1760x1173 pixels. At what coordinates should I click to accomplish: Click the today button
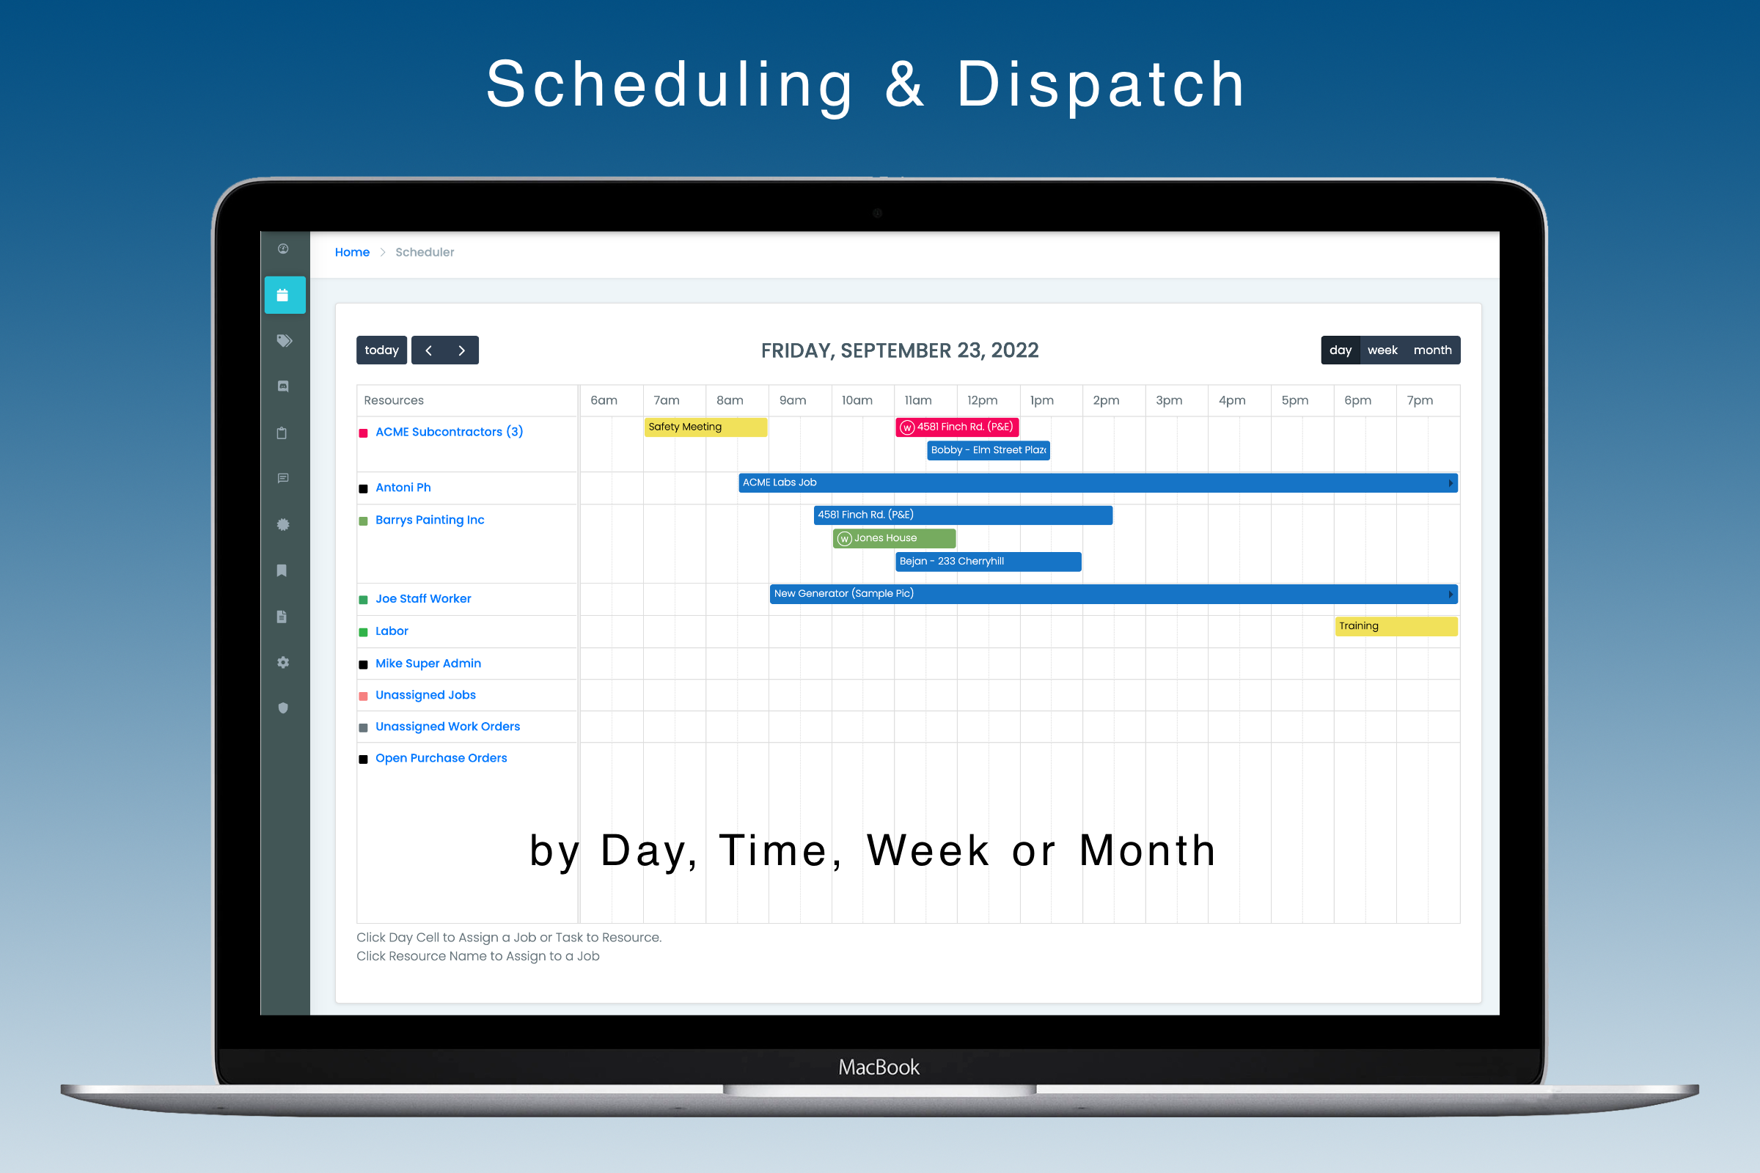pos(381,350)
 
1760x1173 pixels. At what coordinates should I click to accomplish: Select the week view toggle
pos(1382,350)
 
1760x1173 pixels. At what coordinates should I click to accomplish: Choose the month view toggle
pos(1431,350)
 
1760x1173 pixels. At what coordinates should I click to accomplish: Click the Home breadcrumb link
pos(352,252)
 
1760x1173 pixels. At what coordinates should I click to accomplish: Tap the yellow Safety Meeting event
pos(705,427)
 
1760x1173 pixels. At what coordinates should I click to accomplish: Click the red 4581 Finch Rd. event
pos(957,427)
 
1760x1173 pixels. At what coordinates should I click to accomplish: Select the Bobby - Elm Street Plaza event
pos(988,450)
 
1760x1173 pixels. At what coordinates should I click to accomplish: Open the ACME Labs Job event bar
pos(1096,482)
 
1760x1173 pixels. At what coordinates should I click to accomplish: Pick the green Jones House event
pos(893,538)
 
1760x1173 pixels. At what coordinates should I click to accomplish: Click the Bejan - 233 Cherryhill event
pos(988,561)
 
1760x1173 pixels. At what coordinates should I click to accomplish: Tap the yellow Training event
pos(1396,626)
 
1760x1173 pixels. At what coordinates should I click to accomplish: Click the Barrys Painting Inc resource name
pos(430,520)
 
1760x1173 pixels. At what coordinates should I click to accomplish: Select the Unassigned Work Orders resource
pos(447,727)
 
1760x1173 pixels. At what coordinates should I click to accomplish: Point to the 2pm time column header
pos(1105,400)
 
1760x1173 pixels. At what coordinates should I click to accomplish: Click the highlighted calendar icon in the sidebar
pos(284,295)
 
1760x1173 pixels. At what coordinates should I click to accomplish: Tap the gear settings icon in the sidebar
pos(283,662)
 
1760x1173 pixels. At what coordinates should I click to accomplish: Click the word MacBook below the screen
pos(879,1067)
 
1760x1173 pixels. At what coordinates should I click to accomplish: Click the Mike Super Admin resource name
pos(428,663)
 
